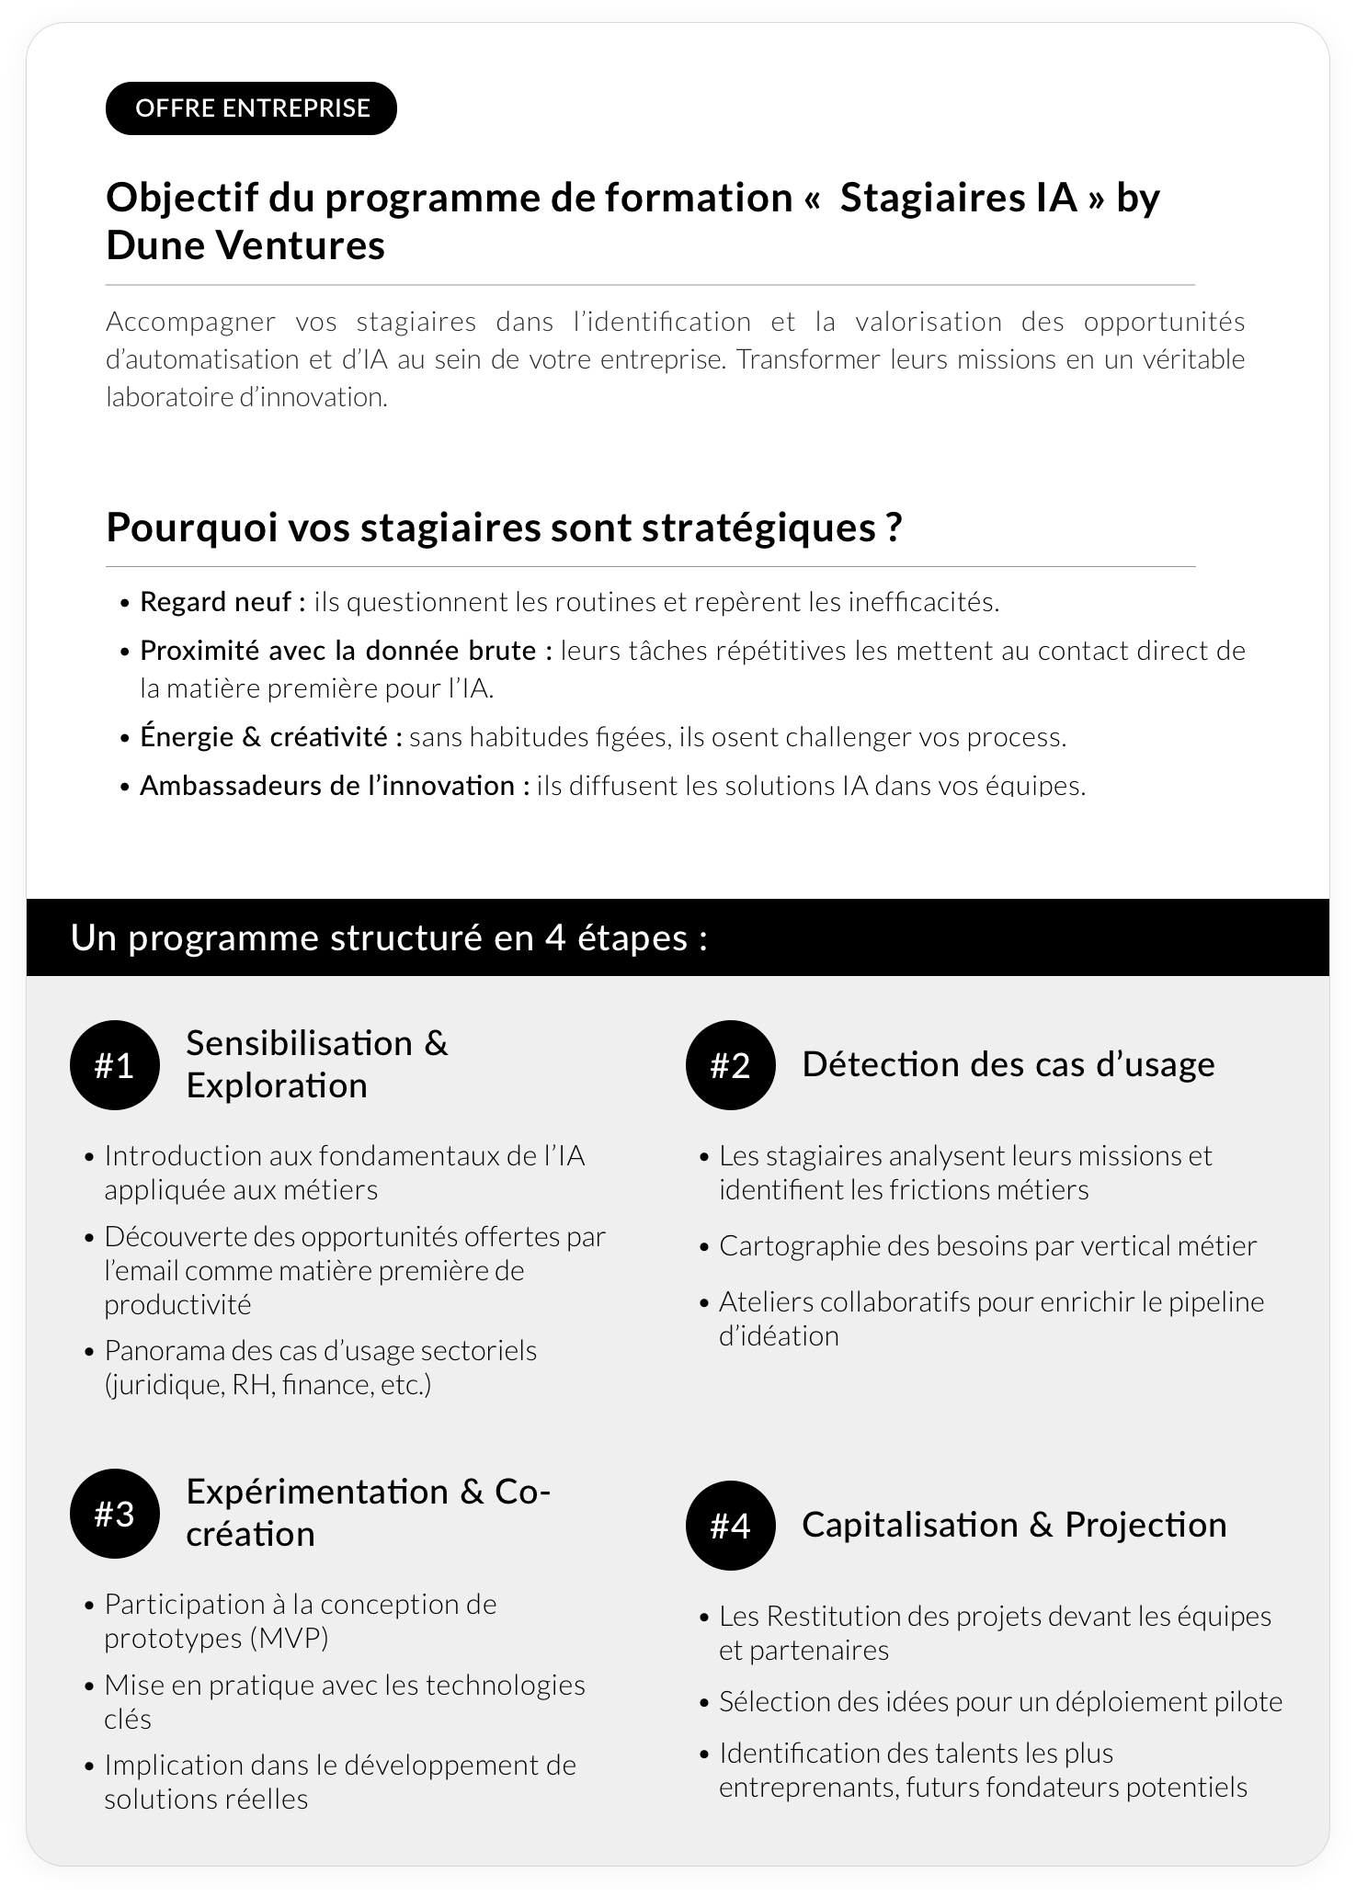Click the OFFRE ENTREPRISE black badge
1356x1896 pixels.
(x=251, y=108)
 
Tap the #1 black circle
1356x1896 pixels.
(x=115, y=1066)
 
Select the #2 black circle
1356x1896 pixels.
(x=731, y=1066)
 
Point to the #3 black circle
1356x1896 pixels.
(x=115, y=1514)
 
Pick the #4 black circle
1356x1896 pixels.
(x=731, y=1526)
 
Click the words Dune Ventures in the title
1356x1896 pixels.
(x=245, y=245)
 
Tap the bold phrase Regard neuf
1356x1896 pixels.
(x=222, y=602)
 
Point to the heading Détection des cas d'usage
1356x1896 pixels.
(x=1008, y=1064)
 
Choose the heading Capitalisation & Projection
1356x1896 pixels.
(x=1014, y=1525)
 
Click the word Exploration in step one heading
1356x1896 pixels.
(x=277, y=1085)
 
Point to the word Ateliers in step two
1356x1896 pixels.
(x=761, y=1301)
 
